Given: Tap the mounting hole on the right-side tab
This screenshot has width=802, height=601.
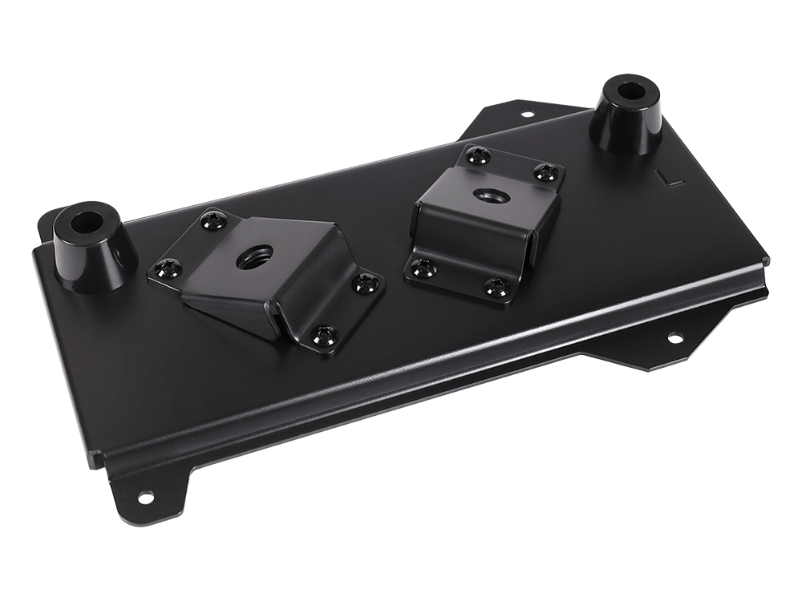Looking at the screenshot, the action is (x=676, y=337).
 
